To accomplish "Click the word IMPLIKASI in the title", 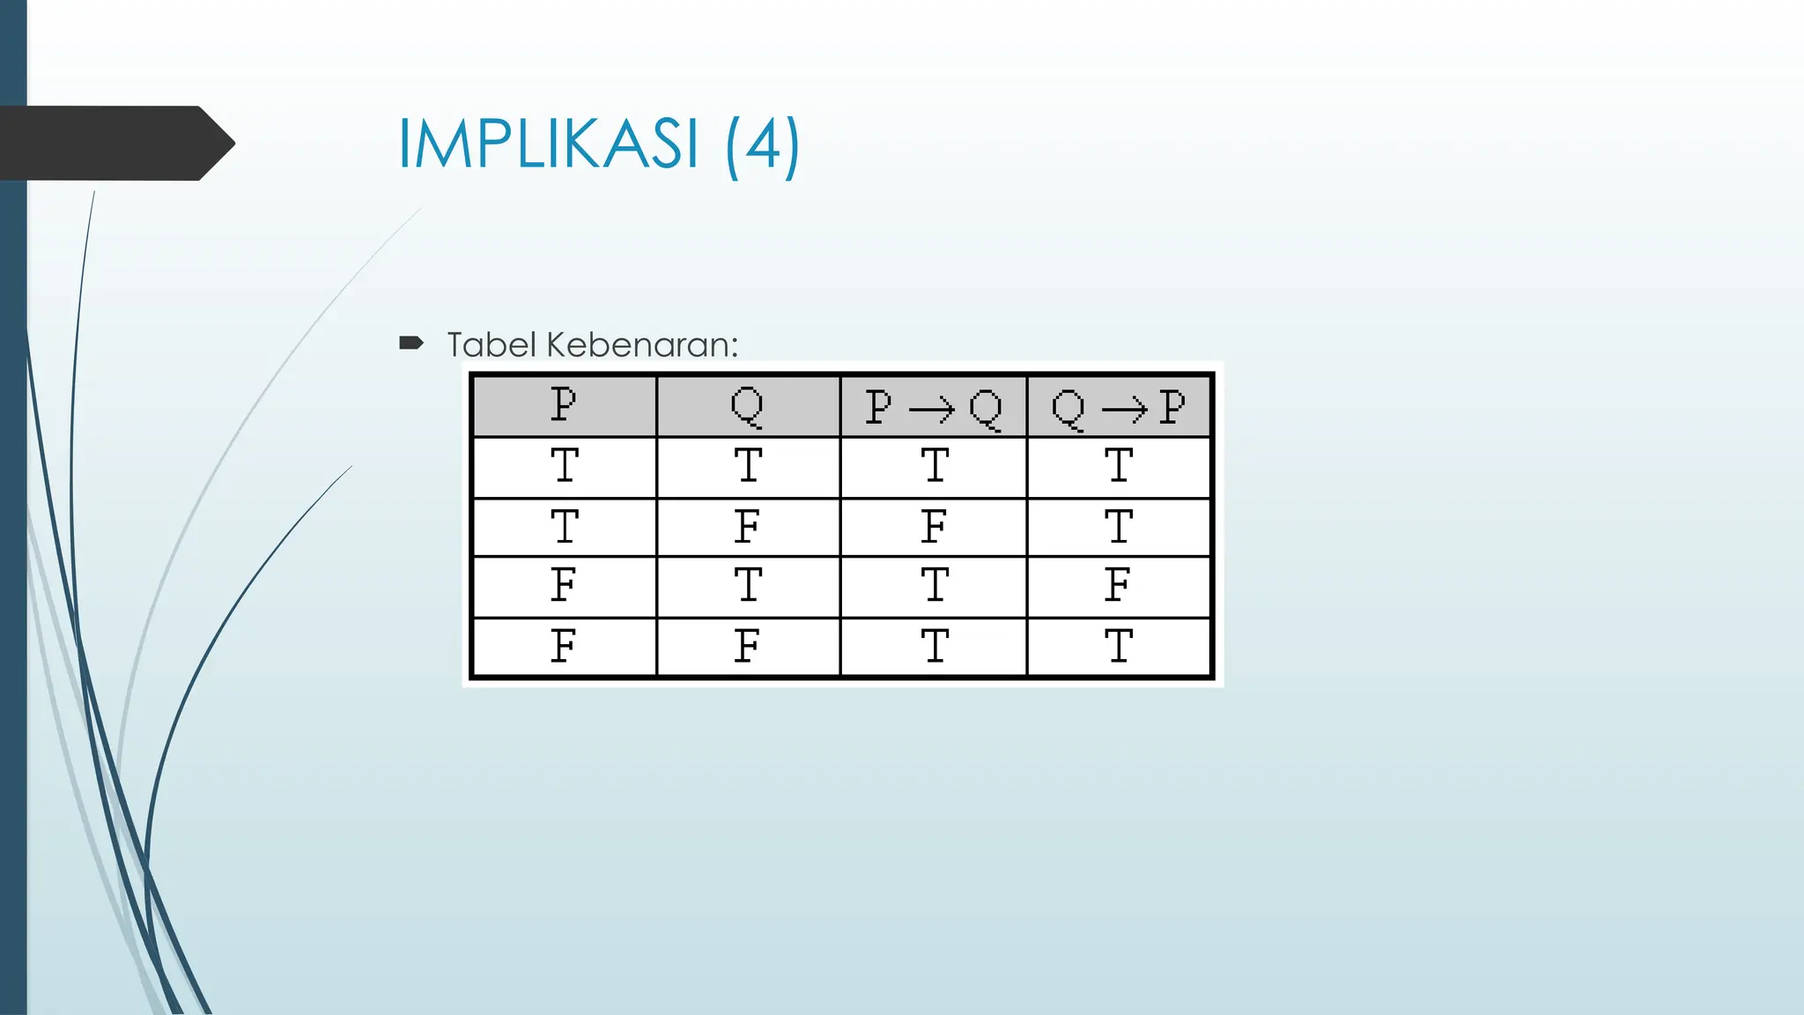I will pos(548,144).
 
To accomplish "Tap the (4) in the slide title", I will pos(763,145).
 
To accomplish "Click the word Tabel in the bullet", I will pos(492,345).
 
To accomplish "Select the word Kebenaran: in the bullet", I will pos(641,345).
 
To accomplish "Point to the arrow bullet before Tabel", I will pos(411,343).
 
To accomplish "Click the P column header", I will pos(564,406).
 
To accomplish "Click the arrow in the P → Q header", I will pos(931,409).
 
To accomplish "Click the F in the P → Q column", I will pos(934,527).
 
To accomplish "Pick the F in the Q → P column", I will pos(1118,585).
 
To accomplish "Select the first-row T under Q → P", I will pos(1119,465).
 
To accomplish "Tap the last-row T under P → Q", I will pos(935,647).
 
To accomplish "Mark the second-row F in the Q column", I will pos(747,527).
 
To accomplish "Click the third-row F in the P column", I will pos(564,585).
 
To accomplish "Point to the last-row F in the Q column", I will pos(747,647).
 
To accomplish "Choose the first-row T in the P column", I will pos(565,465).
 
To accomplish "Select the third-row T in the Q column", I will pos(748,585).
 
